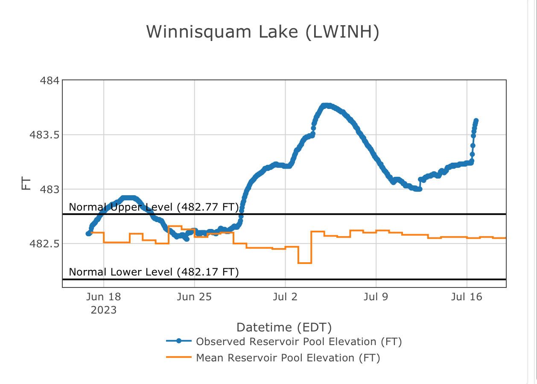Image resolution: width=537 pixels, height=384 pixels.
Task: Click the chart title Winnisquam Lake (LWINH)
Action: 263,32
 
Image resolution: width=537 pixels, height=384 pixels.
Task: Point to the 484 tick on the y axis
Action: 50,80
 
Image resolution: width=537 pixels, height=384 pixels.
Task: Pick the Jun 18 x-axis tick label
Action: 103,297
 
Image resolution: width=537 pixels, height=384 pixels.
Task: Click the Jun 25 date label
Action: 194,297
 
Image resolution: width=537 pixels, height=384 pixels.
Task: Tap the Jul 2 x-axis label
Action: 285,297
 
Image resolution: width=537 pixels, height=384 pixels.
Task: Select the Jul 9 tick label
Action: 376,297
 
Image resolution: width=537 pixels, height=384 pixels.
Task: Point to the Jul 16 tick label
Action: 467,297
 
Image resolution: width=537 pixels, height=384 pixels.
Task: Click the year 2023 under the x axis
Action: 103,310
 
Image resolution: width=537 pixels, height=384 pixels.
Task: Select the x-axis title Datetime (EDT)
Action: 284,328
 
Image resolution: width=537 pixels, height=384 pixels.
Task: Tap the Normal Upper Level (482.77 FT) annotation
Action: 154,207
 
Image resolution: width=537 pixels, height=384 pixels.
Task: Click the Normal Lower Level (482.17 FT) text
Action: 154,272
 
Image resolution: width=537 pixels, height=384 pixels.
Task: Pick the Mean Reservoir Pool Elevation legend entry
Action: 288,358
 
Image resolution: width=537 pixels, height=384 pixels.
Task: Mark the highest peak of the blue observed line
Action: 326,106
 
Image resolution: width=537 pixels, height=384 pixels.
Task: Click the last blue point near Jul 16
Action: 476,121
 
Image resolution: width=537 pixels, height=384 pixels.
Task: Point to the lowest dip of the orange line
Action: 304,263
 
